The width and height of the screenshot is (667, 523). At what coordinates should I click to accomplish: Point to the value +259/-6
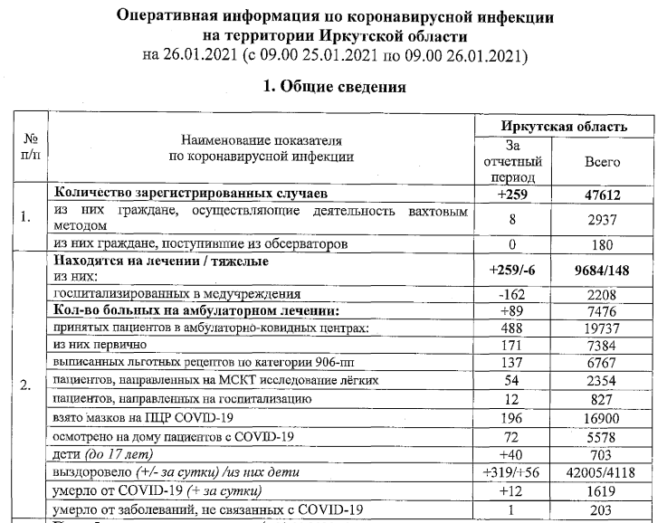tap(512, 269)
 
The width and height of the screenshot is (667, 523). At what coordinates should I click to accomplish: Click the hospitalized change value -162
tap(512, 294)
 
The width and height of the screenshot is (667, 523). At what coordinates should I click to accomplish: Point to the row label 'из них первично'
tap(100, 346)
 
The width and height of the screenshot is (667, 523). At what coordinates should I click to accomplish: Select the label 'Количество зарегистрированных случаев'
tap(186, 194)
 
